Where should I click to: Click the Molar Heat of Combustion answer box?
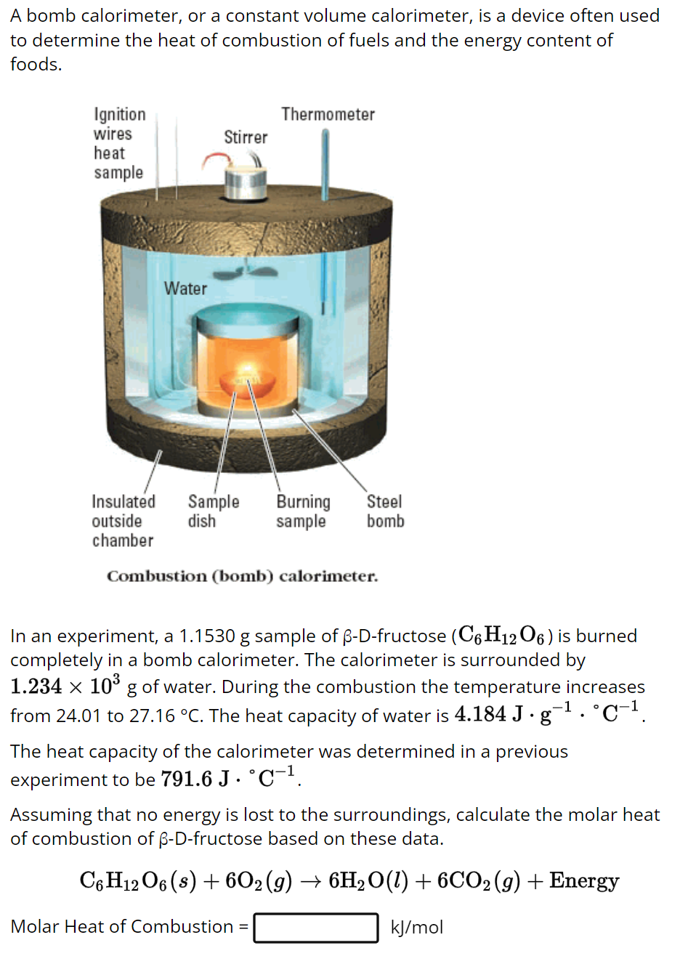pyautogui.click(x=316, y=928)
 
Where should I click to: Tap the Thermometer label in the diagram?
pyautogui.click(x=328, y=115)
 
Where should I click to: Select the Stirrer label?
pyautogui.click(x=246, y=137)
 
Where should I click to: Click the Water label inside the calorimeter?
pyautogui.click(x=185, y=288)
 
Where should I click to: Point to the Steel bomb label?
pyautogui.click(x=385, y=511)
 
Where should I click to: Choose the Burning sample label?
pyautogui.click(x=303, y=511)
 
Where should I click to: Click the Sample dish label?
pyautogui.click(x=213, y=511)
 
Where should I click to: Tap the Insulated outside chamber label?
pyautogui.click(x=124, y=521)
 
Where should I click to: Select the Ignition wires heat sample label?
pyautogui.click(x=119, y=143)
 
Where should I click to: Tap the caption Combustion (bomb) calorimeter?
pyautogui.click(x=242, y=577)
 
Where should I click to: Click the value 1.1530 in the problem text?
pyautogui.click(x=206, y=636)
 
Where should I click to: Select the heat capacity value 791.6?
pyautogui.click(x=186, y=779)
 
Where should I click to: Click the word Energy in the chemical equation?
pyautogui.click(x=584, y=881)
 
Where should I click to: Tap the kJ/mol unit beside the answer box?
pyautogui.click(x=416, y=928)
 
